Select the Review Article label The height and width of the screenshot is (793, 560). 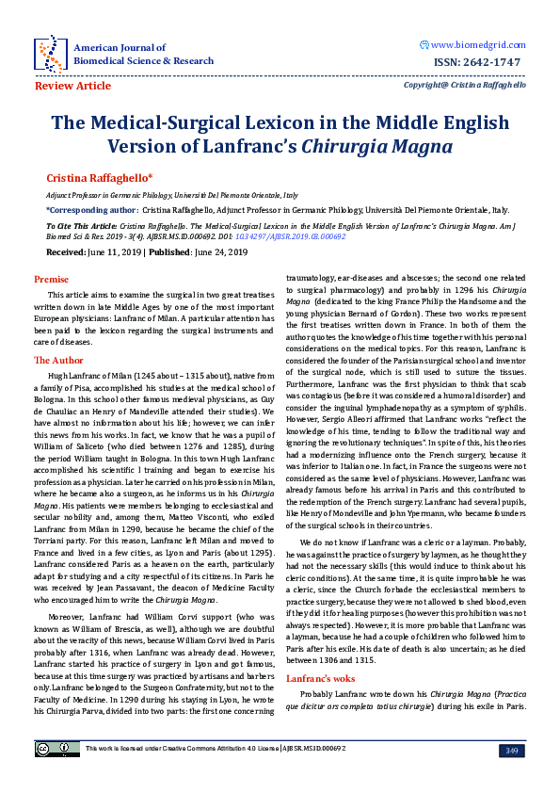click(72, 86)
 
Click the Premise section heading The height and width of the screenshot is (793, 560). click(52, 280)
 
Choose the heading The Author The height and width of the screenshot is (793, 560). click(58, 360)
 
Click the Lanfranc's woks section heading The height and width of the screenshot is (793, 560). click(321, 652)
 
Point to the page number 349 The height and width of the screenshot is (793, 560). click(512, 750)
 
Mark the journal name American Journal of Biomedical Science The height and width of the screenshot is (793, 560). click(143, 53)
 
